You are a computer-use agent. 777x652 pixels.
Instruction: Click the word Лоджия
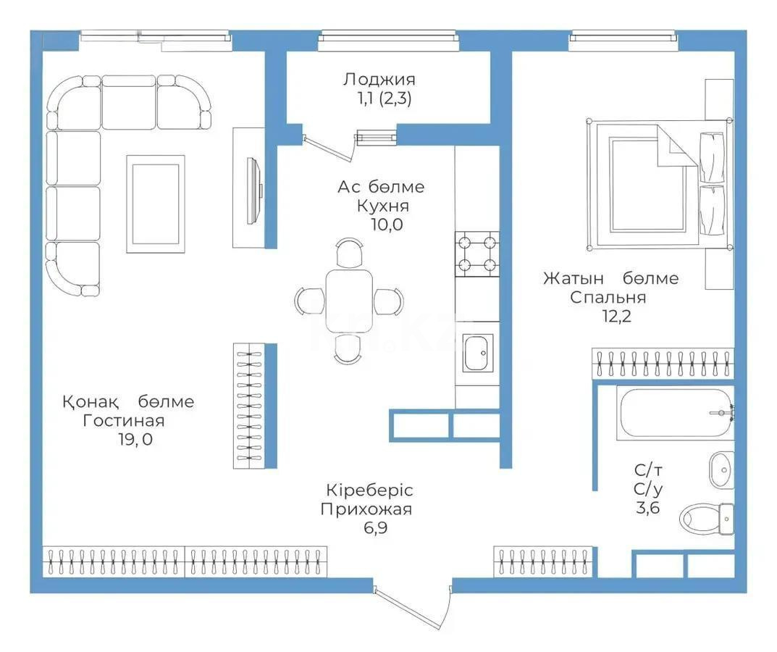pyautogui.click(x=379, y=80)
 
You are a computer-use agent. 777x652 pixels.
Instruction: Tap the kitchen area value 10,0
pyautogui.click(x=387, y=225)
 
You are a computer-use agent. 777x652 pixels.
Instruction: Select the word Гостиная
pyautogui.click(x=123, y=421)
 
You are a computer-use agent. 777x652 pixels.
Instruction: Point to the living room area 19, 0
pyautogui.click(x=135, y=439)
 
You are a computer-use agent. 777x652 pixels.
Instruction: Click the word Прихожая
pyautogui.click(x=366, y=509)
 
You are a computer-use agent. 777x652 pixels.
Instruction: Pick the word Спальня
pyautogui.click(x=608, y=298)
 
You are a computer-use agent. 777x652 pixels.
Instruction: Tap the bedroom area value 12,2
pyautogui.click(x=617, y=317)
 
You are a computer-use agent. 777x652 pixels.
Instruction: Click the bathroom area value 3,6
pyautogui.click(x=648, y=509)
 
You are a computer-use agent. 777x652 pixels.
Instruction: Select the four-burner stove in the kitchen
pyautogui.click(x=477, y=254)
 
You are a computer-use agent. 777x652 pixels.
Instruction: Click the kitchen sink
pyautogui.click(x=478, y=353)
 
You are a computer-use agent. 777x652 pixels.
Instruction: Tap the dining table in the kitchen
pyautogui.click(x=349, y=301)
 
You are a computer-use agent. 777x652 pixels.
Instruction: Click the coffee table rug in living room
pyautogui.click(x=156, y=204)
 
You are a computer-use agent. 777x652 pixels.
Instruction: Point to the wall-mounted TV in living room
pyautogui.click(x=254, y=191)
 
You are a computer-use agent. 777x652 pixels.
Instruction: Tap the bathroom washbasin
pyautogui.click(x=721, y=469)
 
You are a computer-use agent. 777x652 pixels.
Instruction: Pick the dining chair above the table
pyautogui.click(x=349, y=252)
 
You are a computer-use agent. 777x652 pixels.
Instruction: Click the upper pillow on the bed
pyautogui.click(x=712, y=156)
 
